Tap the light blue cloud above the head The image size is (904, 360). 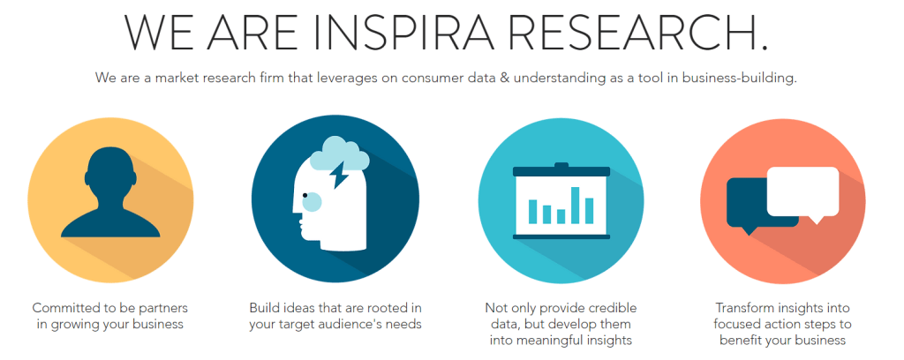340,154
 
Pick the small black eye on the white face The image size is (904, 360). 305,196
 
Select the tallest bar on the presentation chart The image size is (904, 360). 575,205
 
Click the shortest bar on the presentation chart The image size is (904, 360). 561,216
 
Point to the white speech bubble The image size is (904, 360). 802,193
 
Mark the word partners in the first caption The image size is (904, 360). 163,309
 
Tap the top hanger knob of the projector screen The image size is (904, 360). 561,165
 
